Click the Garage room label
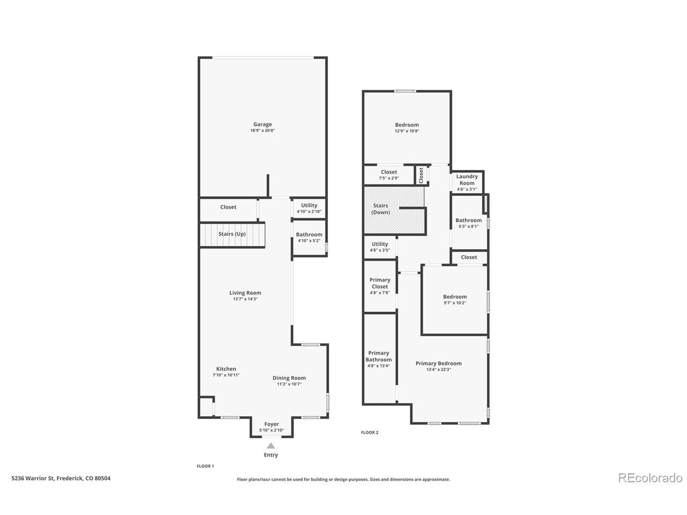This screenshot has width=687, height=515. pyautogui.click(x=262, y=124)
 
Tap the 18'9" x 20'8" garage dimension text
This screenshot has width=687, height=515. pyautogui.click(x=262, y=130)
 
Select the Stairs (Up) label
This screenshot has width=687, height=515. pyautogui.click(x=232, y=234)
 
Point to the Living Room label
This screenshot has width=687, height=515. pyautogui.click(x=245, y=293)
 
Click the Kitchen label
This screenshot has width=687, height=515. pyautogui.click(x=226, y=369)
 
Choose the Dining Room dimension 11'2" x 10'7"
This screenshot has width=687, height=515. pyautogui.click(x=289, y=384)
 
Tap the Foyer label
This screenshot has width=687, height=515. pyautogui.click(x=272, y=424)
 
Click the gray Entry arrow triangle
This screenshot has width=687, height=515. pyautogui.click(x=271, y=446)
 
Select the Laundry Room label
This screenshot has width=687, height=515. pyautogui.click(x=466, y=180)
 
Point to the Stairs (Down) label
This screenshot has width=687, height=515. pyautogui.click(x=381, y=209)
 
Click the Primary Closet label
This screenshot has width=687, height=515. pyautogui.click(x=379, y=283)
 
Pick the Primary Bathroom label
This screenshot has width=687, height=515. pyautogui.click(x=378, y=356)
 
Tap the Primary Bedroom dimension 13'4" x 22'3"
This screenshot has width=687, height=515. pyautogui.click(x=438, y=370)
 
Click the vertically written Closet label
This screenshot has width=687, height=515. pyautogui.click(x=421, y=175)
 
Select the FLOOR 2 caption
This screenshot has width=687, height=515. pyautogui.click(x=369, y=432)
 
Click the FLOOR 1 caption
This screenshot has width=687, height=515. pyautogui.click(x=205, y=466)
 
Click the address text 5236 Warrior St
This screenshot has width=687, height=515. pyautogui.click(x=33, y=478)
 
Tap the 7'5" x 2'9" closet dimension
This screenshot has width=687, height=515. pyautogui.click(x=389, y=178)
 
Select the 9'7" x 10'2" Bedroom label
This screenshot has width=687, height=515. pyautogui.click(x=455, y=303)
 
